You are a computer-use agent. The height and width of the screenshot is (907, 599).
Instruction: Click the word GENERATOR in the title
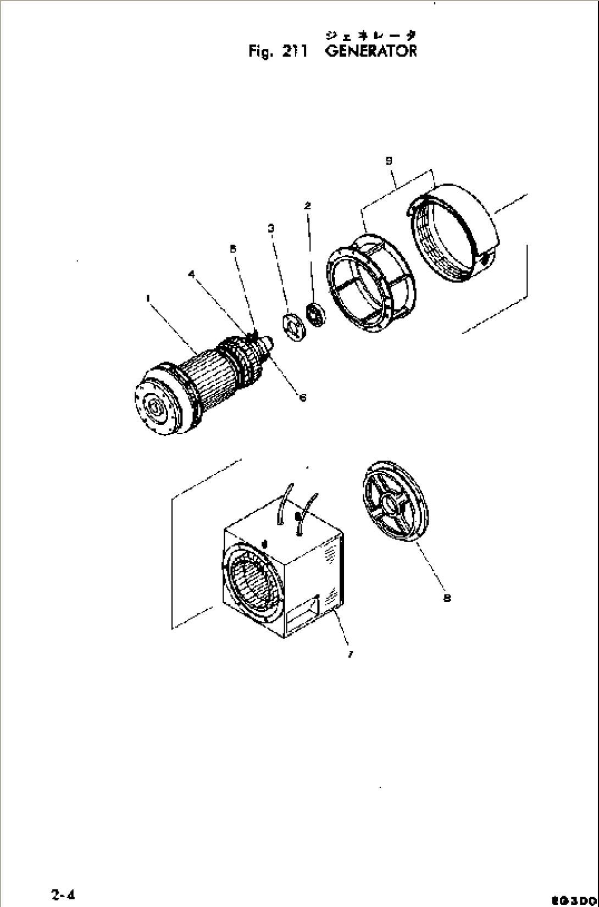(371, 52)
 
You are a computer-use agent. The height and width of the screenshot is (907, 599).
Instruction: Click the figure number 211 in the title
(297, 52)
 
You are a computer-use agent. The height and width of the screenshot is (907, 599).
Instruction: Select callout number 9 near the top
(389, 160)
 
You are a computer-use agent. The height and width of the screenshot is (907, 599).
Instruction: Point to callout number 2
(308, 206)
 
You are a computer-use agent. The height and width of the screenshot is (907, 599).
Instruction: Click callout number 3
(271, 227)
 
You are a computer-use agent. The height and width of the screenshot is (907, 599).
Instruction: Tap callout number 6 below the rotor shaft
(302, 397)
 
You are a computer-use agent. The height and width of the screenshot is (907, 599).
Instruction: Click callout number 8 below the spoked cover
(447, 598)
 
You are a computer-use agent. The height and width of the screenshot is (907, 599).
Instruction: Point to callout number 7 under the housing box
(350, 654)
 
